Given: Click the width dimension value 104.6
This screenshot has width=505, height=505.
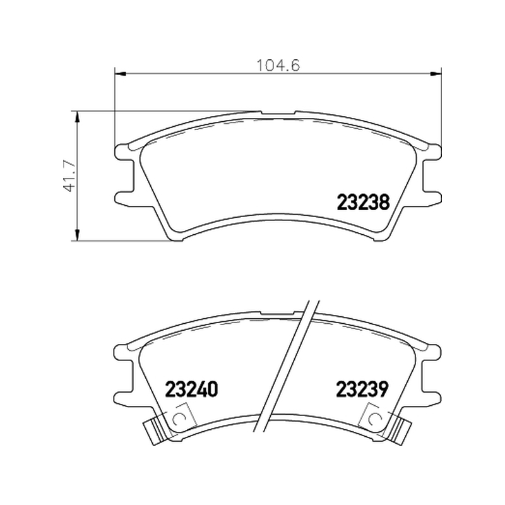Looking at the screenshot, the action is coord(278,65).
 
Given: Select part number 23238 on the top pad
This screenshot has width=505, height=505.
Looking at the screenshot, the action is coord(363,202).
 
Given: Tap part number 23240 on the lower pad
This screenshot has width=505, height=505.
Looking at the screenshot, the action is coord(191,389).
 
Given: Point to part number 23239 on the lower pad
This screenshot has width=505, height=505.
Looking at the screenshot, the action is coord(362,389).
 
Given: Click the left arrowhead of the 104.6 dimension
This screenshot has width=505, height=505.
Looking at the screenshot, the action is coord(120,74).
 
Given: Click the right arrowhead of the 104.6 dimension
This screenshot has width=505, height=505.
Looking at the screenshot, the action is coord(436,74).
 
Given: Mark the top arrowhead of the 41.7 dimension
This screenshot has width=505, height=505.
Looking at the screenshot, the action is coord(76,117).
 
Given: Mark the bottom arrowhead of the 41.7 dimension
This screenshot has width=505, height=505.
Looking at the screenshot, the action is coord(76,235).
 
